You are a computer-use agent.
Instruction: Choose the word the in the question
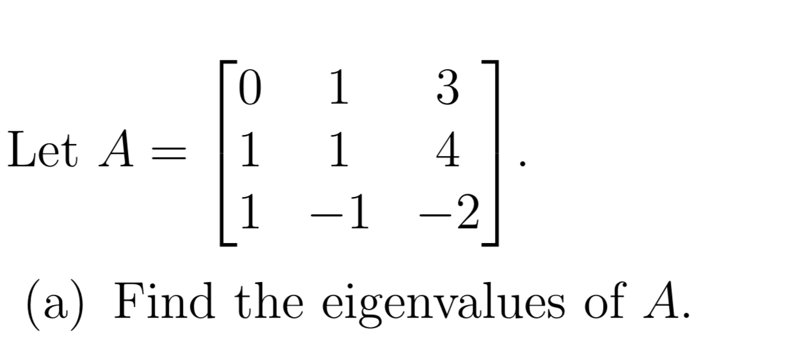(268, 302)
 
